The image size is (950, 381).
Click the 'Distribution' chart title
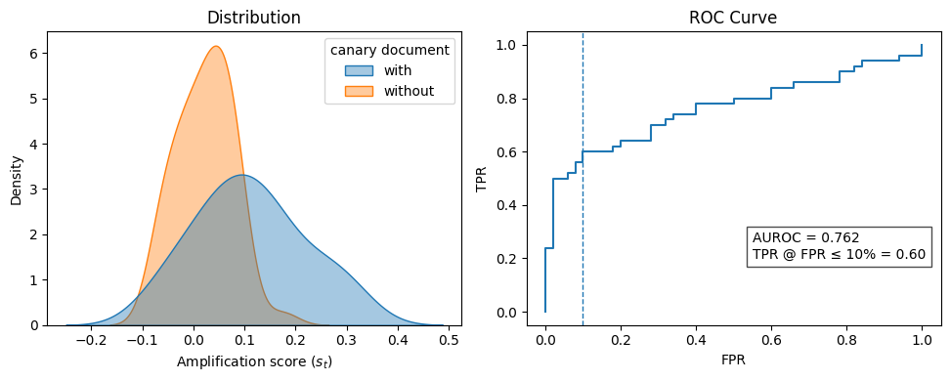[x=254, y=18]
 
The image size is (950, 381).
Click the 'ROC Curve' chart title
[x=734, y=18]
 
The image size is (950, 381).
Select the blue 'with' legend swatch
[x=358, y=70]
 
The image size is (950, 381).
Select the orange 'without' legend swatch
[x=358, y=92]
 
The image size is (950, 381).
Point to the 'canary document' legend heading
[x=389, y=50]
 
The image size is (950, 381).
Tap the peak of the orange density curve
[x=215, y=47]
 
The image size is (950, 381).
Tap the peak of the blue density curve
[x=242, y=176]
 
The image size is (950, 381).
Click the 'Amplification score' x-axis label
[x=254, y=361]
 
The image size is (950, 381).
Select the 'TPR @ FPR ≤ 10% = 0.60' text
[x=839, y=254]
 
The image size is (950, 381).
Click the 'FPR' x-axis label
[x=734, y=361]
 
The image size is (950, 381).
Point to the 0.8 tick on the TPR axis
[x=511, y=99]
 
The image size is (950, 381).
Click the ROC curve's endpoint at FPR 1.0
[x=922, y=46]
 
